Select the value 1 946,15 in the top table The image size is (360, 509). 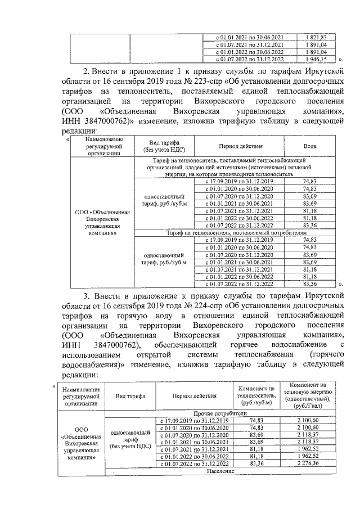click(x=316, y=58)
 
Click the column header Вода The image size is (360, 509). click(x=309, y=146)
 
